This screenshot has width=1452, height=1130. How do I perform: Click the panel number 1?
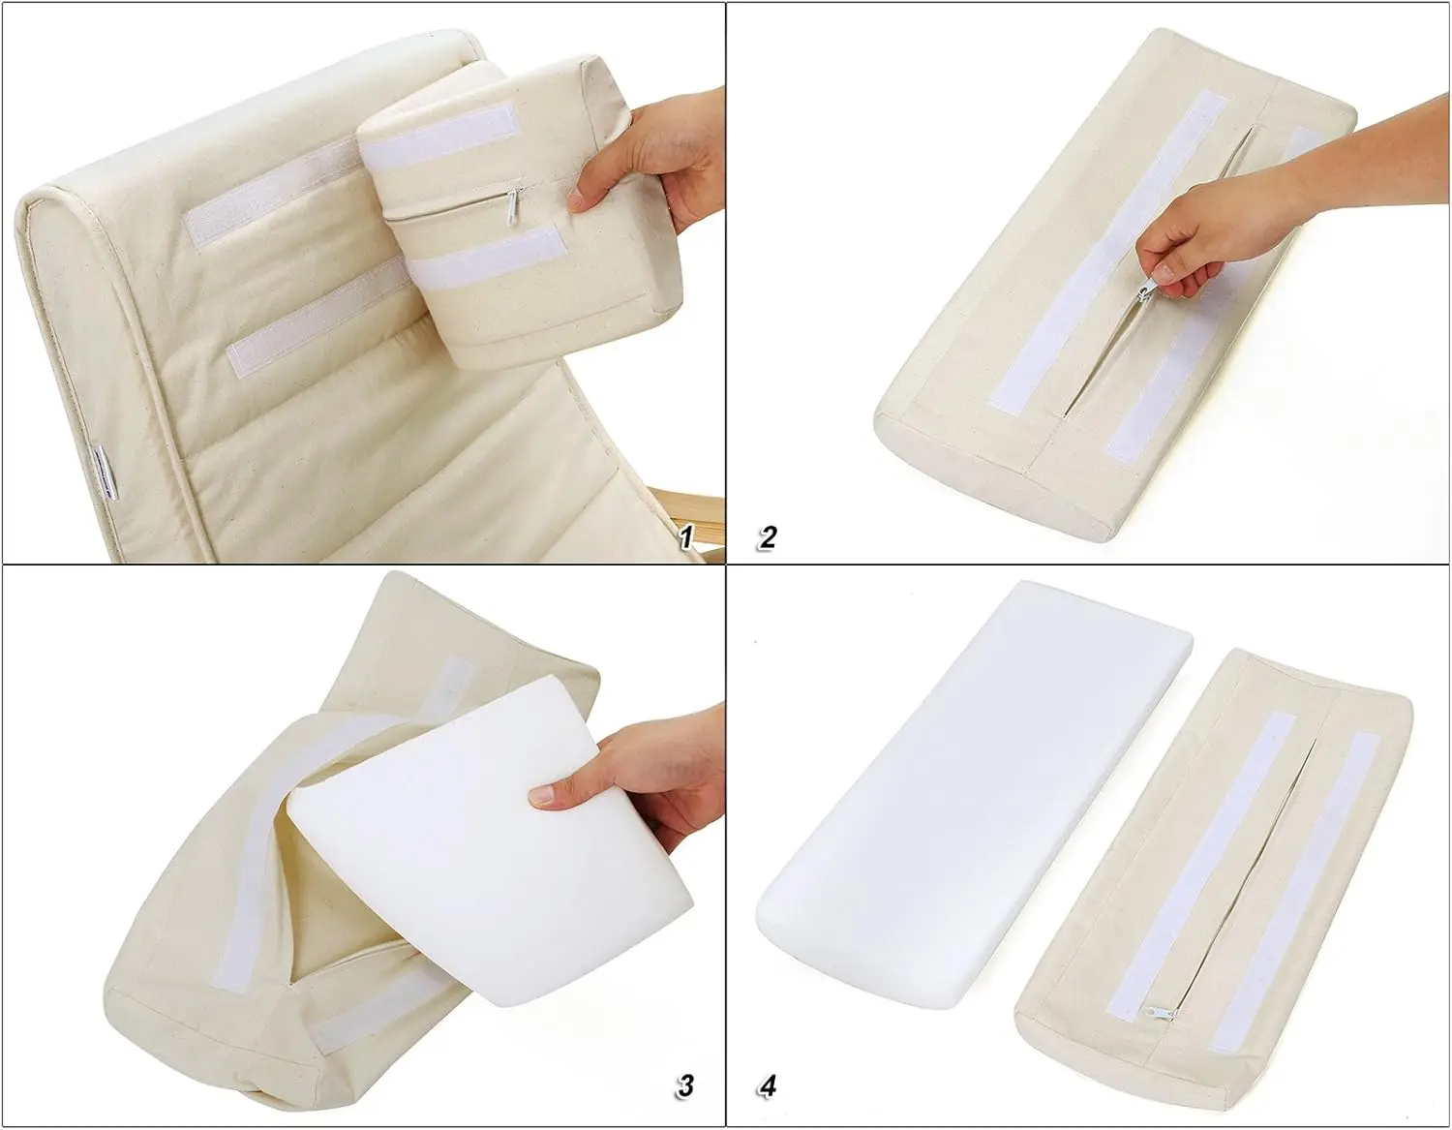point(686,537)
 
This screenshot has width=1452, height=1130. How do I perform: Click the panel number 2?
point(768,537)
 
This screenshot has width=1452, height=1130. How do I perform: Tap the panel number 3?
point(685,1084)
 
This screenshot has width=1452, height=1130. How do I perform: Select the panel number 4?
point(768,1085)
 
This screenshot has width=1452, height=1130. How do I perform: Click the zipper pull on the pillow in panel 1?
point(514,205)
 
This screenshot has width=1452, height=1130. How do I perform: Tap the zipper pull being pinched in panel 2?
point(1144,290)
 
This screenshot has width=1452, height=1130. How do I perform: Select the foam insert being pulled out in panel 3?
point(484,813)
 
